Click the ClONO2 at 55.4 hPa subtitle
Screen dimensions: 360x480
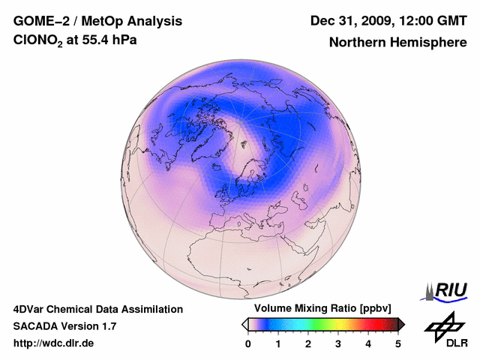tap(75, 41)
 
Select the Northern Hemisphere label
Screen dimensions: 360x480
tap(397, 42)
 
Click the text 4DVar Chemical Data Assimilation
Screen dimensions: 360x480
tap(97, 309)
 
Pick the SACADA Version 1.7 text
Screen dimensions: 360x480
tap(64, 326)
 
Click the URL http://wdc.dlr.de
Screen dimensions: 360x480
tap(54, 343)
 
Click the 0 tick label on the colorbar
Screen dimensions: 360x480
tap(248, 343)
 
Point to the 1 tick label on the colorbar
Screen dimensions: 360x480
tap(278, 343)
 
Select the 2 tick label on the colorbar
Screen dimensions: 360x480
tap(308, 343)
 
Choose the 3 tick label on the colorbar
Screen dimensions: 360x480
tap(338, 343)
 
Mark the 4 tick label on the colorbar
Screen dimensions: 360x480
tap(368, 343)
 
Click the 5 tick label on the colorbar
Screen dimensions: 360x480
tap(398, 343)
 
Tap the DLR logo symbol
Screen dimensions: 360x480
tap(444, 324)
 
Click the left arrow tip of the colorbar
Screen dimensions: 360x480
tap(244, 324)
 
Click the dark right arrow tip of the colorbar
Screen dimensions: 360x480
tap(401, 324)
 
